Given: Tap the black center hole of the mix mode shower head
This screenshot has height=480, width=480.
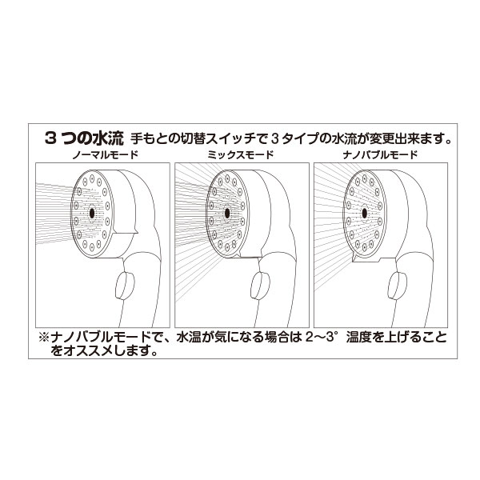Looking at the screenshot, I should tap(230, 214).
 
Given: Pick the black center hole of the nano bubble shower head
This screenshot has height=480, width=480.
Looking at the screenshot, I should tap(368, 214).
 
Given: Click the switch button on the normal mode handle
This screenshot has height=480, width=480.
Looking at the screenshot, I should tap(125, 284).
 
